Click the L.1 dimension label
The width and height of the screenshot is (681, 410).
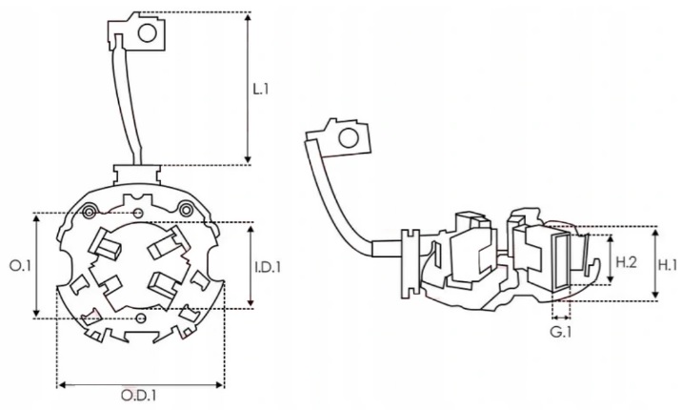[261, 89]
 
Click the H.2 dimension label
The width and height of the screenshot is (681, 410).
[624, 261]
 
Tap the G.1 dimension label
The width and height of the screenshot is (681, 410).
[560, 333]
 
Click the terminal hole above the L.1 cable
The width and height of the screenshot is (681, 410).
[148, 34]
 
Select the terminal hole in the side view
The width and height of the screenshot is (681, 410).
[349, 138]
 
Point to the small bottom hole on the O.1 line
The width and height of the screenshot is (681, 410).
[141, 318]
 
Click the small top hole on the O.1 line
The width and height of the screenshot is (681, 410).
[141, 213]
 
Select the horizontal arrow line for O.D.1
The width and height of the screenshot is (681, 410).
[141, 385]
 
